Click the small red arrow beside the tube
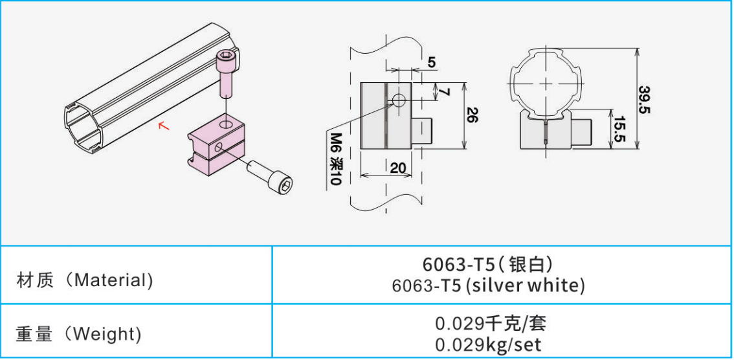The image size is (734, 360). (164, 125)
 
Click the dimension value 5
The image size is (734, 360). (432, 63)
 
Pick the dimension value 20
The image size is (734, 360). (399, 167)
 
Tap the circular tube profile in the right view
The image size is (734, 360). (546, 84)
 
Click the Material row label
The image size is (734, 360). (85, 280)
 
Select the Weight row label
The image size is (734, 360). (78, 334)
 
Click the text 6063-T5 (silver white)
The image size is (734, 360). (488, 286)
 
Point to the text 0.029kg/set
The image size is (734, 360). (488, 344)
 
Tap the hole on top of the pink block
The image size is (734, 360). (225, 122)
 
